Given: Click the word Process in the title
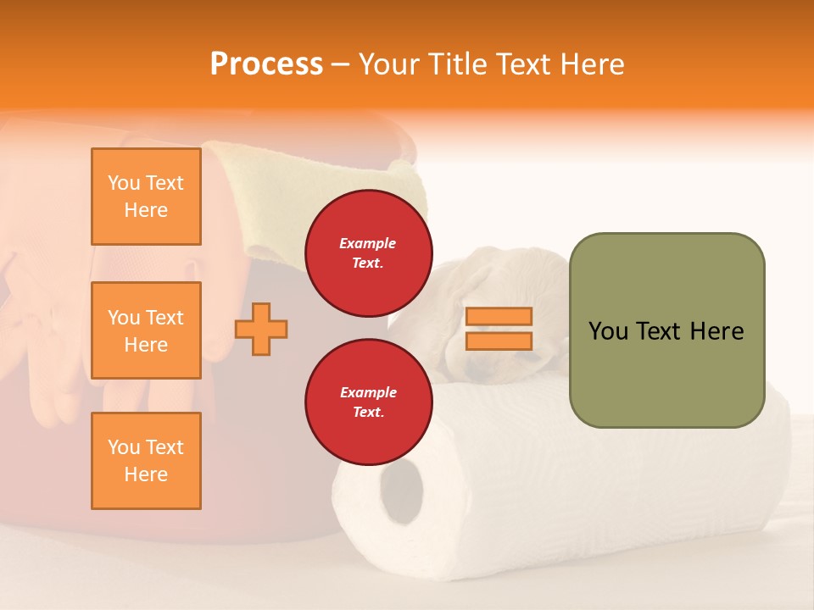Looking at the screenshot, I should point(266,64).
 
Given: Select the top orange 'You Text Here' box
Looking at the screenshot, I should point(146,197).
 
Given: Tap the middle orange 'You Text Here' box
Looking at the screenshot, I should point(146,330).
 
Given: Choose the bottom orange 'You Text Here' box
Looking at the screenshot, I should point(146,460).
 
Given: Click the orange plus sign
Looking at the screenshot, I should point(261,329).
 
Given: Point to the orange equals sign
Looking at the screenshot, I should point(499,329).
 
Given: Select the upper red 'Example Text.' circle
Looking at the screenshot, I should point(368,253).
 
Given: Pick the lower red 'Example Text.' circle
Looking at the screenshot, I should point(368,402).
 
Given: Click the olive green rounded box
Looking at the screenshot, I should point(666,330).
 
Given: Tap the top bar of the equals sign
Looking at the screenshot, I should point(499,317).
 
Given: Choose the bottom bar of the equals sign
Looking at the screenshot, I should point(499,341).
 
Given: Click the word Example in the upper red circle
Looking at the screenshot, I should point(368,243).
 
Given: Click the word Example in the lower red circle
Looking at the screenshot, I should point(368,392).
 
